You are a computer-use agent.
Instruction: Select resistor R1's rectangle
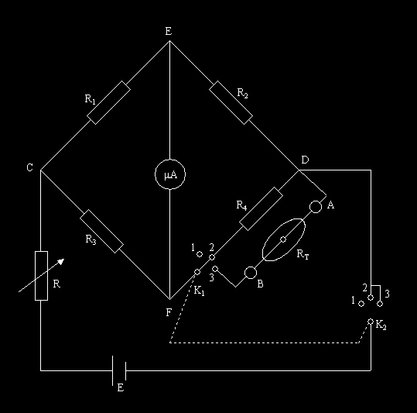pos(109,102)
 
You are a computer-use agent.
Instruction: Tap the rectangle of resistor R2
pos(231,102)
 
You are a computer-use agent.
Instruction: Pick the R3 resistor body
pos(101,231)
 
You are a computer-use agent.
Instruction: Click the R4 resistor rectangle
pos(261,208)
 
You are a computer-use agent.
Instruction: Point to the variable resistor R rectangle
pos(41,276)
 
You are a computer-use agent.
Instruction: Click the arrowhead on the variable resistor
pos(61,261)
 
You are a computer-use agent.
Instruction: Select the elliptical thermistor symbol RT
pos(284,239)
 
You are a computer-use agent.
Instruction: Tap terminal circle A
pos(316,207)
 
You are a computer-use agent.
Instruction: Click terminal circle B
pos(251,273)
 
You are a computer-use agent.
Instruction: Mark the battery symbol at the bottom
pos(119,370)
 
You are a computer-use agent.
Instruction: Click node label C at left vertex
pos(29,167)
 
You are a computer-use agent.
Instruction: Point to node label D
pos(305,160)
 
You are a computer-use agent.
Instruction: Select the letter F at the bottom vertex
pos(169,312)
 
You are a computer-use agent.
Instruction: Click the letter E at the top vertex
pos(169,32)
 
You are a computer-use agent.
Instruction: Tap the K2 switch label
pos(381,325)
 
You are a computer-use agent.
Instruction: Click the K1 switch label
pos(199,291)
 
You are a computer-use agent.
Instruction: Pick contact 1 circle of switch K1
pos(200,254)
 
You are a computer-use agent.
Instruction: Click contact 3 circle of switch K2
pos(380,304)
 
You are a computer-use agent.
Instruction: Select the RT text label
pos(302,254)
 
